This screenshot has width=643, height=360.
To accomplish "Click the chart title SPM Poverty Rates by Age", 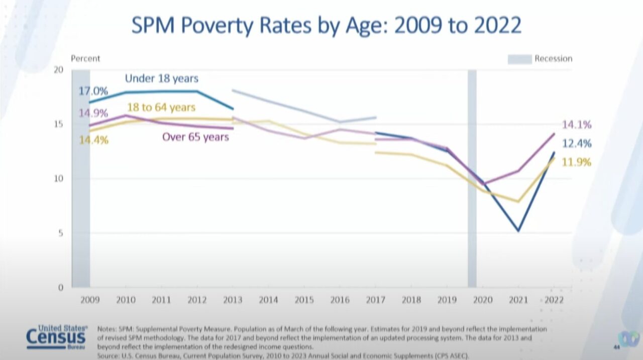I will [x=326, y=26].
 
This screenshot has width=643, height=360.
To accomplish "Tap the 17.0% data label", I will [x=93, y=91].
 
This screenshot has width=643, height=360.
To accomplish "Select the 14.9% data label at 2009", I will [x=93, y=112].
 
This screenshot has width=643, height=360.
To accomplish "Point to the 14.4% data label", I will [x=93, y=140].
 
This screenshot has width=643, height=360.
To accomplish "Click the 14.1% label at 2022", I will [x=577, y=125].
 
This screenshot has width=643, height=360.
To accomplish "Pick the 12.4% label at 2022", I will [x=577, y=144].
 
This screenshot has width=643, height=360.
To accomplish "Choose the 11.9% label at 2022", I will [x=577, y=162].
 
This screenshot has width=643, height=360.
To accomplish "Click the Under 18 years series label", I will [x=161, y=78].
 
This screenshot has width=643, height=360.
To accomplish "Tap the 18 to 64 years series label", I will [x=161, y=107].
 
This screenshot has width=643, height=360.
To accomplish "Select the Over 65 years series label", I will [x=195, y=137].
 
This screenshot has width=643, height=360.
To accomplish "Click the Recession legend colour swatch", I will [x=519, y=59].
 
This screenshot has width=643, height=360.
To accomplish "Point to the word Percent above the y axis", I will [x=85, y=58].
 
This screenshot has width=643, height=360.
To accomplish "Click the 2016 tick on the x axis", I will [x=340, y=300].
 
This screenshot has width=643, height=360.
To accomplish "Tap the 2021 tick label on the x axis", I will [x=518, y=300].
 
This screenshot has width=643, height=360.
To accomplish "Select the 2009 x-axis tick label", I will [x=90, y=300].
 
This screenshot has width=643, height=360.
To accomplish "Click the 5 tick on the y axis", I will [x=61, y=233].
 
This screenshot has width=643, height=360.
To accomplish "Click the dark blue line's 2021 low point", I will [x=518, y=230].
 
